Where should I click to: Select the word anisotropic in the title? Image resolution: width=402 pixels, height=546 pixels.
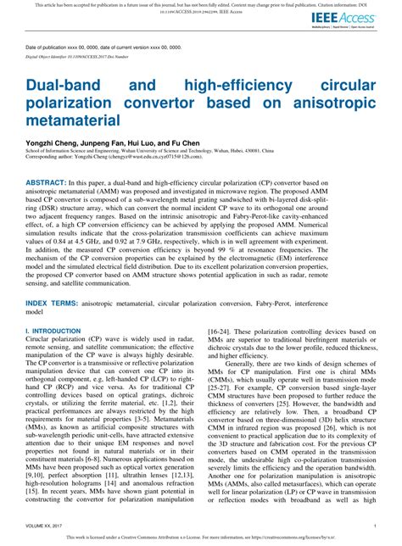338,103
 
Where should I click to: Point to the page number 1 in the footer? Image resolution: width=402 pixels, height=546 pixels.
374,526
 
